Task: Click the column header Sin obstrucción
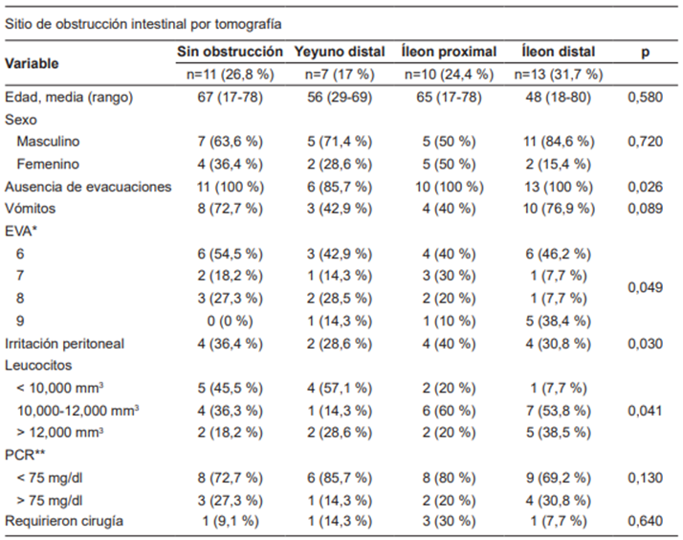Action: click(x=230, y=52)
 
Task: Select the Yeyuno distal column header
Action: click(x=340, y=52)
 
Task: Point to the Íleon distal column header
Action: click(x=559, y=52)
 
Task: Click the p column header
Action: click(x=645, y=53)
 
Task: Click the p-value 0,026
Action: click(x=646, y=185)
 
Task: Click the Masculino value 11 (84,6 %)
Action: click(x=559, y=142)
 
